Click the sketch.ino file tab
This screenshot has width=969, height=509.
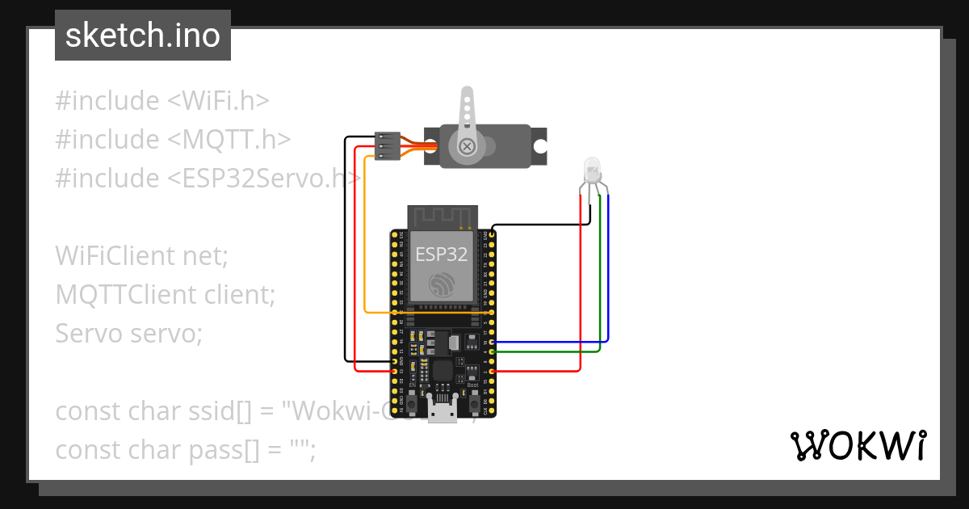142,36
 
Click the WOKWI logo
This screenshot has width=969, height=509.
858,446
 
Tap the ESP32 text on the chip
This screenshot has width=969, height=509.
441,254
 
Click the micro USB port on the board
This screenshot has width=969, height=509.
441,412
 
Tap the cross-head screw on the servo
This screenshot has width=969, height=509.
467,146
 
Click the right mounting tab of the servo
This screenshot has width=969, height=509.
539,146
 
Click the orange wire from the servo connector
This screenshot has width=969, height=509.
365,242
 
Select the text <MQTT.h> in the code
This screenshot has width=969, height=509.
229,140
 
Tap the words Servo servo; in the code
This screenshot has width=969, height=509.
129,333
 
